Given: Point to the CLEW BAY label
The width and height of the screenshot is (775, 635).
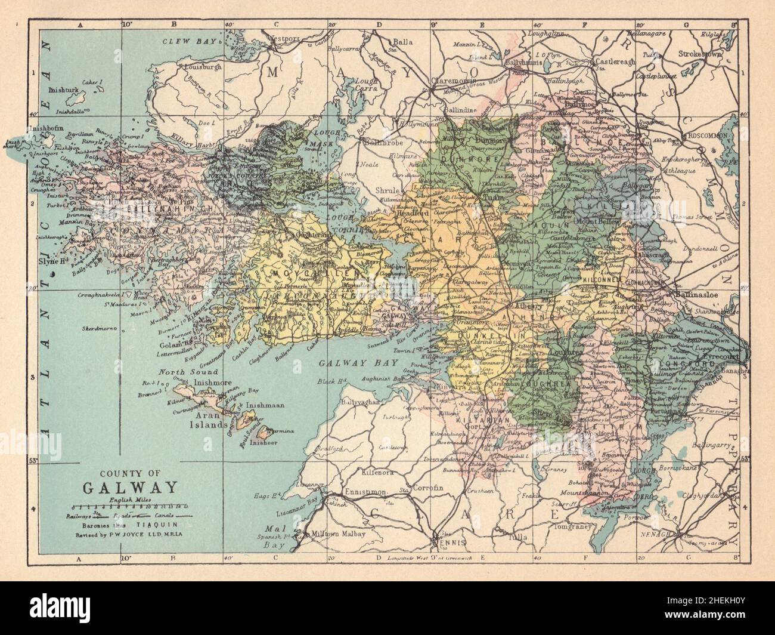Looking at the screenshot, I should tap(190, 41).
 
